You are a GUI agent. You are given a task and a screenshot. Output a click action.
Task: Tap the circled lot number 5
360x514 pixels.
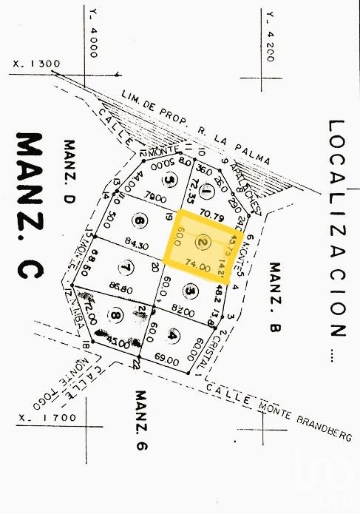171,180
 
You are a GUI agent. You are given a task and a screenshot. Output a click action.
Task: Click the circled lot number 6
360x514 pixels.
138,219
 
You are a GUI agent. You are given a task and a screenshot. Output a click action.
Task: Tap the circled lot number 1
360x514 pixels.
207,189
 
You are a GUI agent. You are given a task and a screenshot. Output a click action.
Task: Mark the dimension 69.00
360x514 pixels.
167,361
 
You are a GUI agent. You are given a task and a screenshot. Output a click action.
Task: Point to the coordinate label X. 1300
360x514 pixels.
36,64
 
